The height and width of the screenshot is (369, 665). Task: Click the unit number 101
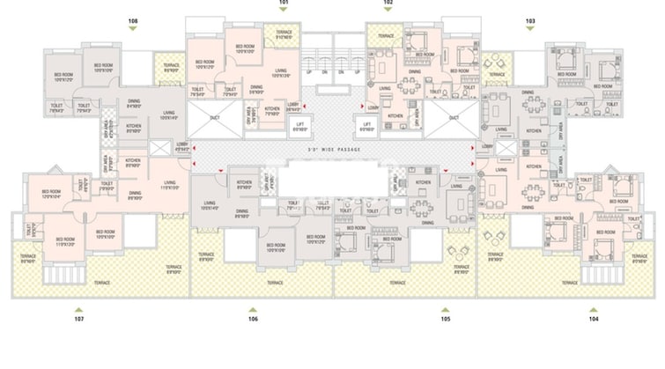pyautogui.click(x=284, y=4)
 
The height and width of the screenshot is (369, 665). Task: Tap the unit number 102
pyautogui.click(x=388, y=4)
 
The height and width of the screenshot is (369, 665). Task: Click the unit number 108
pyautogui.click(x=133, y=18)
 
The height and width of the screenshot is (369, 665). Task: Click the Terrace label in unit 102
pyautogui.click(x=385, y=35)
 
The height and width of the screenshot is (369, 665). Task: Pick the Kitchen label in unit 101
pyautogui.click(x=272, y=110)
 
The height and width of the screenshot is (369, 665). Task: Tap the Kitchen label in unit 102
pyautogui.click(x=395, y=115)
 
